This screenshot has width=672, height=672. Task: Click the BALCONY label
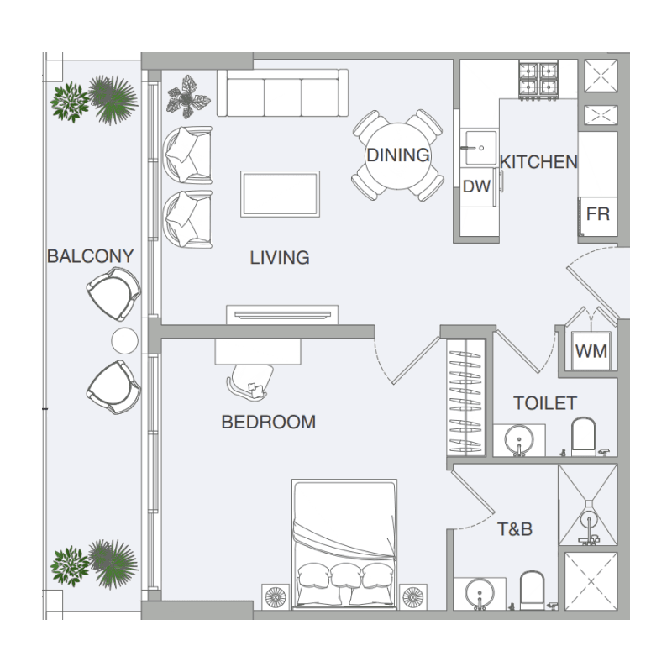[x=91, y=256]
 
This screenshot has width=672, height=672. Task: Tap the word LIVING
[x=280, y=258]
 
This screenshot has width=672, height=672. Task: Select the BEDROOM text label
[x=269, y=423]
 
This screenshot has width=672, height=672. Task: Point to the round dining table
[x=398, y=155]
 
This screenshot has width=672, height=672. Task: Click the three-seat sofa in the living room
[x=282, y=92]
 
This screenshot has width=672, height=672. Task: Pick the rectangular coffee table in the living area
[x=280, y=194]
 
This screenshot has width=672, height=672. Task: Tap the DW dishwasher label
[x=476, y=186]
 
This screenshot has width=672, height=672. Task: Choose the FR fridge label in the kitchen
[x=598, y=214]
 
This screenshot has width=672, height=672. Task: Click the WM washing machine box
[x=591, y=351]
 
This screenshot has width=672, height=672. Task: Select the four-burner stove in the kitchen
[x=538, y=80]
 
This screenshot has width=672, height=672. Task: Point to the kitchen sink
[x=480, y=148]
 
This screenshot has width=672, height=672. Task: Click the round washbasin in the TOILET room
[x=519, y=439]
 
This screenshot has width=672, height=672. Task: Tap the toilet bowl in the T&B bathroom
[x=532, y=590]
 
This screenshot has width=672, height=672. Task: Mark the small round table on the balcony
[x=124, y=341]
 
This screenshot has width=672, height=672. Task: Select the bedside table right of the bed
[x=413, y=596]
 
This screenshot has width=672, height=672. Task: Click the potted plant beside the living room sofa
[x=187, y=97]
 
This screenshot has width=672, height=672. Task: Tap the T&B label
[x=515, y=529]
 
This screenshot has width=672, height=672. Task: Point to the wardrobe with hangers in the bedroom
[x=466, y=397]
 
